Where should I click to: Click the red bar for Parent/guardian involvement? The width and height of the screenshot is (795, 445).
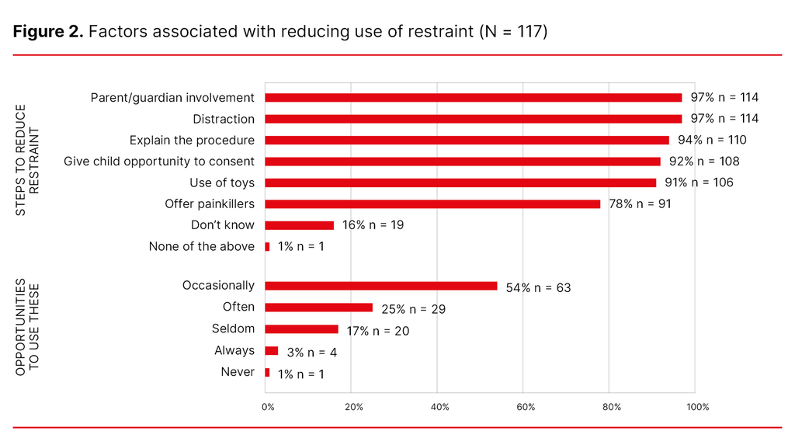(473, 98)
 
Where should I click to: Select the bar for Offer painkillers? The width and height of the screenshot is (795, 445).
(432, 204)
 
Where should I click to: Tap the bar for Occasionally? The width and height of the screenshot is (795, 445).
(380, 286)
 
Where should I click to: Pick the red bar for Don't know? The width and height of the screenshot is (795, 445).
(299, 225)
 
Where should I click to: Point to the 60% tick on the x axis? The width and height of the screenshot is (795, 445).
(526, 408)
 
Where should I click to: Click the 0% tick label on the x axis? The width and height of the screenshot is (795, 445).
(267, 408)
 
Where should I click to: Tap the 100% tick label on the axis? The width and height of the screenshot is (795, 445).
(696, 408)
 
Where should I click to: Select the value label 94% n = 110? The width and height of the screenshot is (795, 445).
(713, 141)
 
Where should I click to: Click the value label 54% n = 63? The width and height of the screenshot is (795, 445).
(538, 288)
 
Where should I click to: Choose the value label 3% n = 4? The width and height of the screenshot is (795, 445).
(311, 353)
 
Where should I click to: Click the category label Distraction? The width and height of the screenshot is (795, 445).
(223, 119)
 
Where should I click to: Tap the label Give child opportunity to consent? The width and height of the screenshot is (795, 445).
(158, 162)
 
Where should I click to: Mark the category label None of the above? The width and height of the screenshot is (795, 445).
(201, 246)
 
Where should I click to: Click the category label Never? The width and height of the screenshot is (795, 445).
(237, 372)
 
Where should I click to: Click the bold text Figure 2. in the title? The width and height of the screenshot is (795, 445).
(47, 33)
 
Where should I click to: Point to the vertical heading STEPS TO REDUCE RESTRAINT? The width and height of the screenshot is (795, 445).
(27, 160)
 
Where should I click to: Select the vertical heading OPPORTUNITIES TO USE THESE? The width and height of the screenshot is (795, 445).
(27, 326)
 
